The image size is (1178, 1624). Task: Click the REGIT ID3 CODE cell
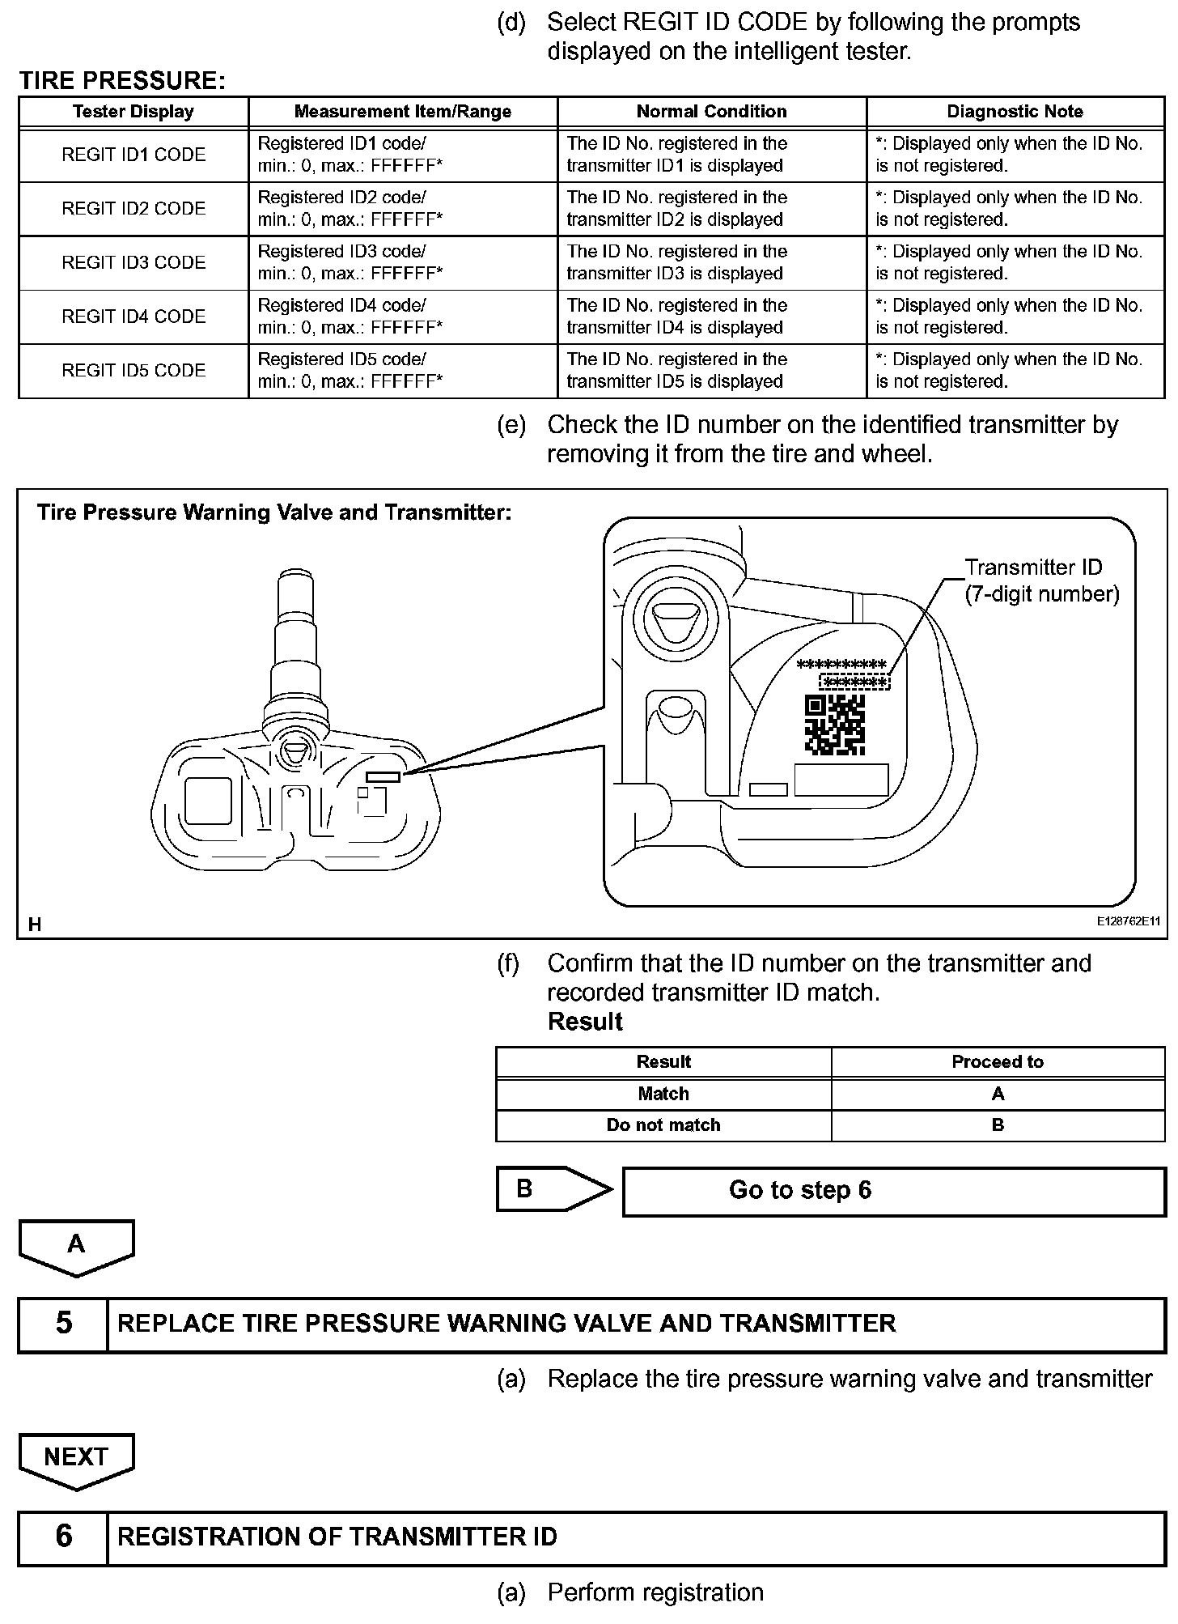[x=133, y=262]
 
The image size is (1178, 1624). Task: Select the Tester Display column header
[x=133, y=112]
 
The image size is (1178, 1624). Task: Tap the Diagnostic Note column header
[x=1015, y=112]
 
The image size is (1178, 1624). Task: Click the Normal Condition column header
[x=711, y=112]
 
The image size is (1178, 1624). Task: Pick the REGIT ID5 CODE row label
[x=133, y=371]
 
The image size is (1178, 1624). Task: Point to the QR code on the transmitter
[x=835, y=725]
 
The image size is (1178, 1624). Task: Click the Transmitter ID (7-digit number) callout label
[x=1041, y=581]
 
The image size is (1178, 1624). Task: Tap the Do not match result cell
[x=663, y=1125]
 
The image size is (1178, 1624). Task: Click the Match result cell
[x=663, y=1094]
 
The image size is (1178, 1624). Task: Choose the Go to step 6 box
[x=893, y=1191]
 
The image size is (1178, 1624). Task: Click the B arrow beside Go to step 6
[x=553, y=1189]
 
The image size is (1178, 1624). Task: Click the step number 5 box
[x=63, y=1324]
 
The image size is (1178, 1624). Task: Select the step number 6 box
[x=63, y=1536]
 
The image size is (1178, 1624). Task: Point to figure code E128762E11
[x=1128, y=921]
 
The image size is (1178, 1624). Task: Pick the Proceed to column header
[x=997, y=1062]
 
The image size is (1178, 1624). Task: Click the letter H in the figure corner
[x=35, y=924]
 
